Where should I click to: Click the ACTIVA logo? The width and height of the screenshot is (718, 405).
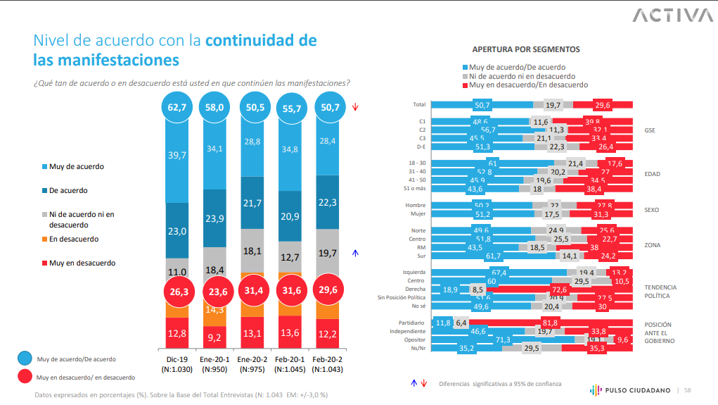672,15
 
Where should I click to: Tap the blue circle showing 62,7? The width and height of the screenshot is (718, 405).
177,108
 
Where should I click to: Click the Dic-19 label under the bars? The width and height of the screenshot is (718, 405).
177,359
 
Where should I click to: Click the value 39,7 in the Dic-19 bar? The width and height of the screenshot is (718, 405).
177,154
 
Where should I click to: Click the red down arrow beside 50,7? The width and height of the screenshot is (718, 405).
356,108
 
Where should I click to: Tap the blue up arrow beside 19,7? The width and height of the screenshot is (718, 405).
356,252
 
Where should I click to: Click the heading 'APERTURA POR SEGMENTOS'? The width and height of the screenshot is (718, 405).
526,50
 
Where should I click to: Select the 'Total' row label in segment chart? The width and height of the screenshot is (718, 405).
419,104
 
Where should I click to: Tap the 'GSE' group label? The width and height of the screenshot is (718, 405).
651,130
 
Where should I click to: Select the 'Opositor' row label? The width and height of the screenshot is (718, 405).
415,339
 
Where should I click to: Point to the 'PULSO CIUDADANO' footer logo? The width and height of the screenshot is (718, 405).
627,390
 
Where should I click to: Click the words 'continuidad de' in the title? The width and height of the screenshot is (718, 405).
260,40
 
